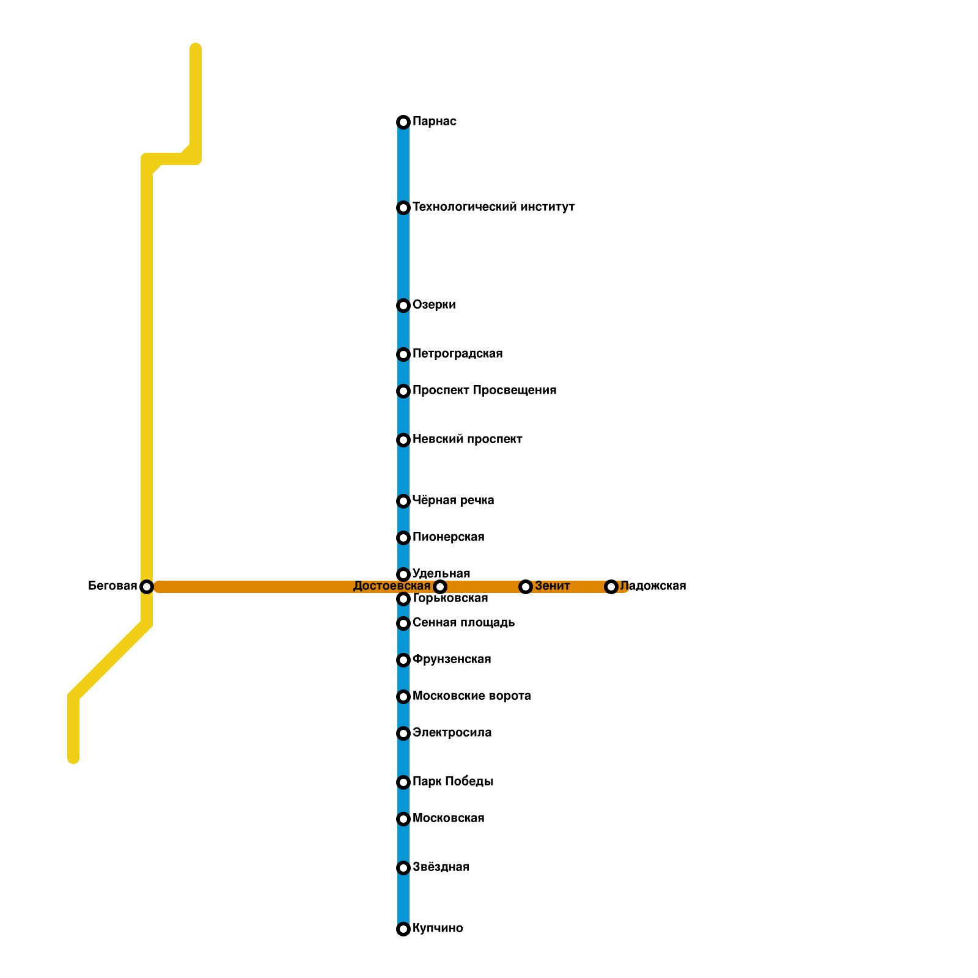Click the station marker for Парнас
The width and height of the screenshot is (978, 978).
tap(403, 122)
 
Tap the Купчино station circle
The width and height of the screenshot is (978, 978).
tap(403, 929)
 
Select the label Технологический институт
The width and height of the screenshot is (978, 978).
tap(493, 207)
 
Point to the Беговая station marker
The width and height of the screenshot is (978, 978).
tap(147, 587)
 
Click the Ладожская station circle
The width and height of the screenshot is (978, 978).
tap(611, 587)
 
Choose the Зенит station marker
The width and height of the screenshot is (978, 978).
tap(526, 587)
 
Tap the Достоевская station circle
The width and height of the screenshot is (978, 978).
tap(440, 587)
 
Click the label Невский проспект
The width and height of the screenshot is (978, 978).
tap(467, 439)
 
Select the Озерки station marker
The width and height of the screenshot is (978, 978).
tap(403, 306)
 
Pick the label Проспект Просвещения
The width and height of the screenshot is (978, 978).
tap(484, 391)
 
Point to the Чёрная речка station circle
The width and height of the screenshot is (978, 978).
tap(403, 501)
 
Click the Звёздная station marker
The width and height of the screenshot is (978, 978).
tap(403, 868)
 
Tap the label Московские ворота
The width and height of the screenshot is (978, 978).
tap(471, 696)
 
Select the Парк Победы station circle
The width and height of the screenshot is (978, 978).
tap(403, 782)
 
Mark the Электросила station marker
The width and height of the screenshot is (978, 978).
tap(403, 733)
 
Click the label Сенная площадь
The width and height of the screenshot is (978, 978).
tap(463, 623)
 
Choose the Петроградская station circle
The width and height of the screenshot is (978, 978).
tap(403, 355)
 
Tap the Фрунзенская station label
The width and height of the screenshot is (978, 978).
tap(452, 660)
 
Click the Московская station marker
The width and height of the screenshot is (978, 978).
tap(403, 819)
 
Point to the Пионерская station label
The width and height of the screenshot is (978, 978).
tap(448, 537)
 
